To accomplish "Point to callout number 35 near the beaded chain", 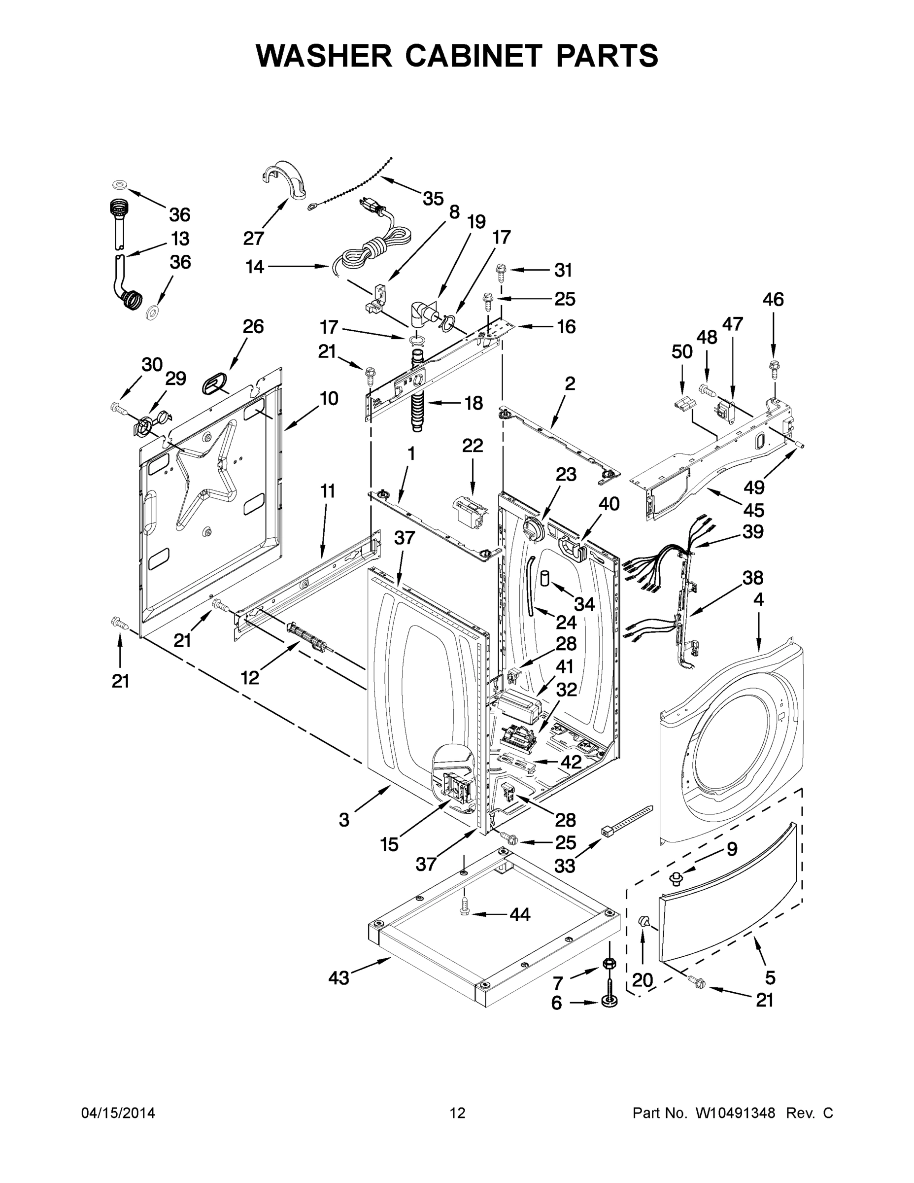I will [433, 199].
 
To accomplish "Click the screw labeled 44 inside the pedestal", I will [464, 913].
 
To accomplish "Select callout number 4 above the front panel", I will [758, 599].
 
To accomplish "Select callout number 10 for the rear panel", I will [328, 399].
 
